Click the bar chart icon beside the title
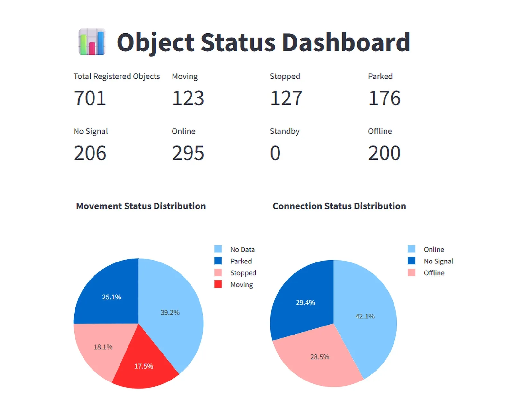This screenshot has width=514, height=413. click(x=92, y=42)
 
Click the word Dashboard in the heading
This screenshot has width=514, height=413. click(x=346, y=42)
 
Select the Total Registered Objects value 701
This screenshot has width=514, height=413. click(x=90, y=98)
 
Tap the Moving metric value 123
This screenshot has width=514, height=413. click(x=188, y=98)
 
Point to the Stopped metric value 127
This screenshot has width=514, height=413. click(x=286, y=98)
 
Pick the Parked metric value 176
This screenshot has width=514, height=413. click(x=384, y=98)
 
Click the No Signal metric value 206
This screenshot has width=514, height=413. click(x=90, y=153)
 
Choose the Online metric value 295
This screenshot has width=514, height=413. click(x=188, y=153)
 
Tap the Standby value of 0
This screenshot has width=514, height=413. click(x=275, y=153)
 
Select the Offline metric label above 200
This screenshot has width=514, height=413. click(x=380, y=131)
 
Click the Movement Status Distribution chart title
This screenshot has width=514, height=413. click(x=141, y=206)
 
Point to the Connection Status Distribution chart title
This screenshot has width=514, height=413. click(x=339, y=206)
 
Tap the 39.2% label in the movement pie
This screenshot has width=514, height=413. click(x=170, y=312)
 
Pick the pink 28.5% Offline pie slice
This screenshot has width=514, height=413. click(x=320, y=357)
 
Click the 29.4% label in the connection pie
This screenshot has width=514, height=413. click(x=305, y=303)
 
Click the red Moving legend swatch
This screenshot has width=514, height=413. click(x=218, y=284)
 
